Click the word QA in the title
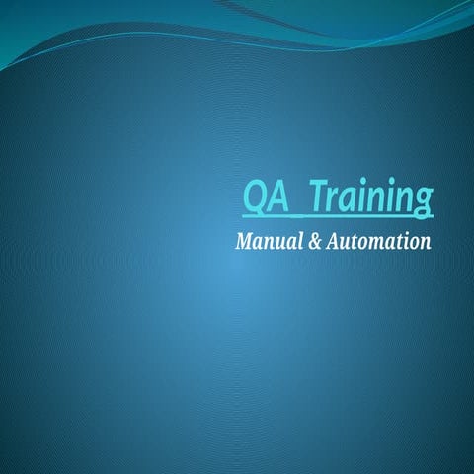tap(266, 197)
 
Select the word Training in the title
tap(371, 197)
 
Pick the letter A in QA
tap(277, 197)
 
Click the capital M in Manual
tap(244, 241)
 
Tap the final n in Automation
tap(425, 243)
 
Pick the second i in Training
tap(393, 197)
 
